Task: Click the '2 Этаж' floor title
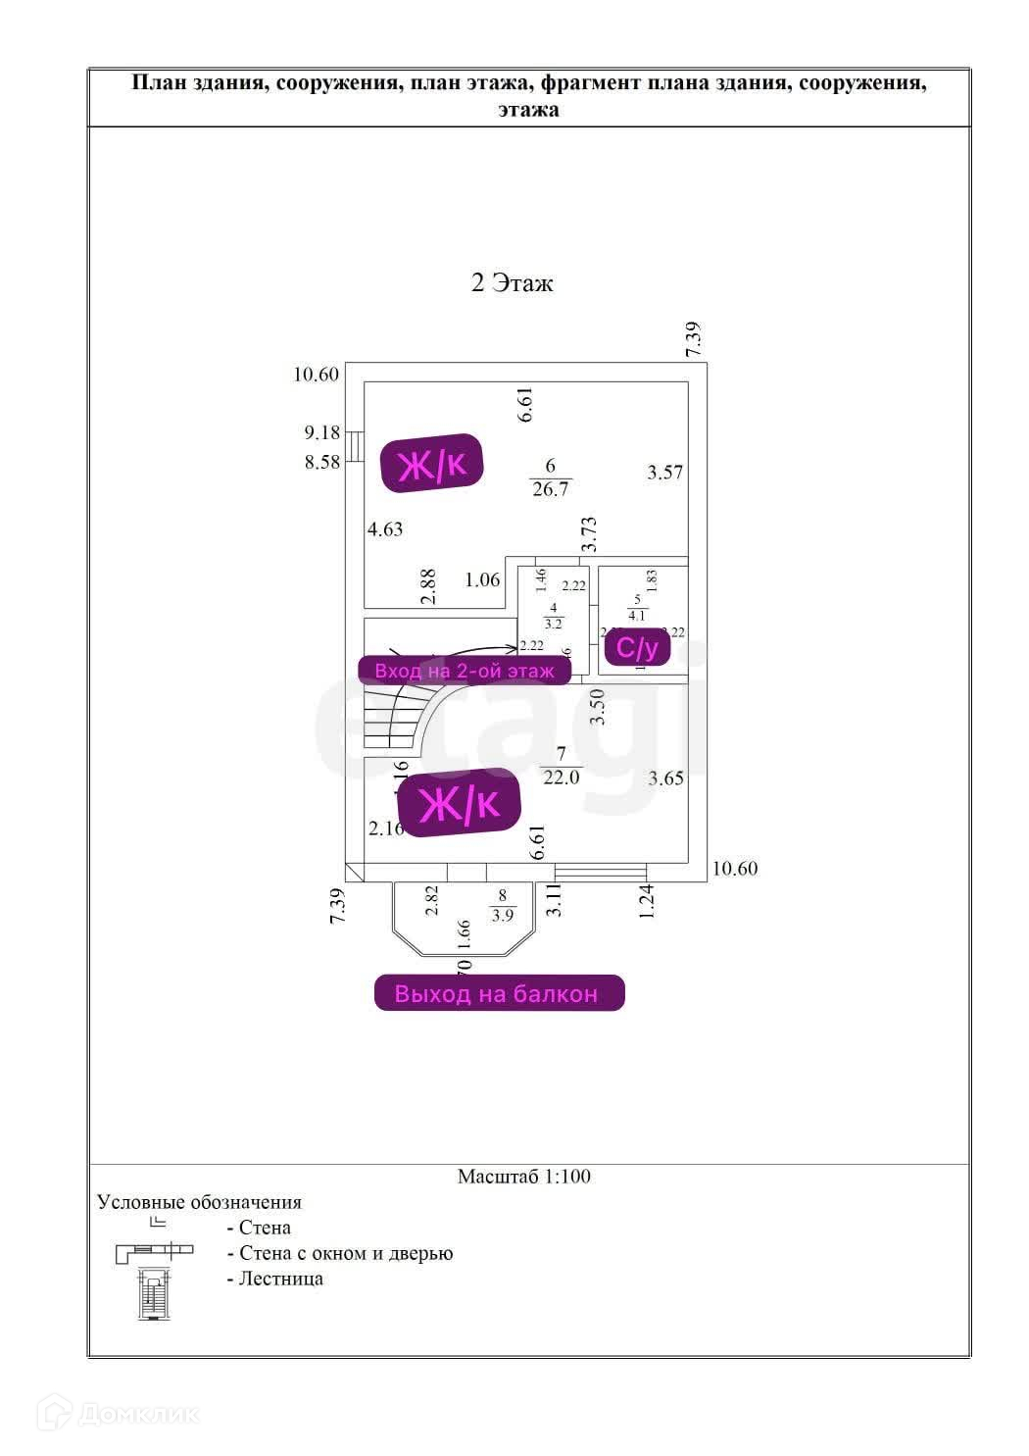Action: [512, 283]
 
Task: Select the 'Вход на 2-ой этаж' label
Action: [465, 671]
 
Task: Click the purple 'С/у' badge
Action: [637, 648]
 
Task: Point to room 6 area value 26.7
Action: [550, 489]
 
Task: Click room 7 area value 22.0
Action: [562, 778]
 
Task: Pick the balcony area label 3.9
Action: [503, 917]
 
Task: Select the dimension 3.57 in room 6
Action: [664, 473]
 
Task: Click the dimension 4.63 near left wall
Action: [385, 529]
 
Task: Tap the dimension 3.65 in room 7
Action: [665, 778]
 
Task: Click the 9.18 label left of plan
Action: [321, 432]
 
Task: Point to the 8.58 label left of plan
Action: [321, 462]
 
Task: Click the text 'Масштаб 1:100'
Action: [524, 1177]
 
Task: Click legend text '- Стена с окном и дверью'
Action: [340, 1253]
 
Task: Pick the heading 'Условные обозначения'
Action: [200, 1202]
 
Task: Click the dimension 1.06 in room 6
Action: [482, 580]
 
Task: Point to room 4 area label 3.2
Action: [553, 623]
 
